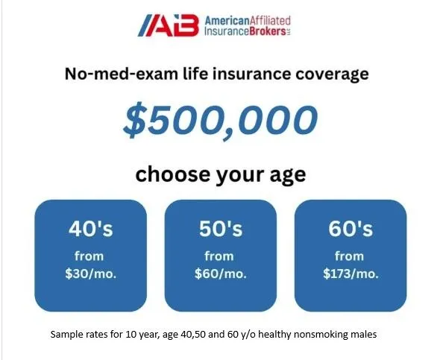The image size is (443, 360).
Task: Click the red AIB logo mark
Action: (169, 25)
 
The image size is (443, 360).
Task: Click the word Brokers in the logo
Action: (268, 31)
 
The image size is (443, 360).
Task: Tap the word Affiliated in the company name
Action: (271, 21)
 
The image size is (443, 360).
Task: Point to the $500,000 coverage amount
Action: (221, 120)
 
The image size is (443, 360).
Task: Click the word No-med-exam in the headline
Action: (122, 74)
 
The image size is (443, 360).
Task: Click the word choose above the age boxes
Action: (173, 174)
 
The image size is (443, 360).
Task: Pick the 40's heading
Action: (91, 228)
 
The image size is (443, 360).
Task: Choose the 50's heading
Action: (221, 228)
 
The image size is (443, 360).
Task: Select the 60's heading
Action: (351, 228)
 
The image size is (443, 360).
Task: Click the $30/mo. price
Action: (91, 274)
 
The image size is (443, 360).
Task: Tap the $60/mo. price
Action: (221, 274)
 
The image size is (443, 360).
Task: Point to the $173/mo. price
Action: (351, 274)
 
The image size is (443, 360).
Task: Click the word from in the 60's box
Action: (349, 256)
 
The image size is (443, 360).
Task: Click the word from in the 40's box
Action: (89, 256)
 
